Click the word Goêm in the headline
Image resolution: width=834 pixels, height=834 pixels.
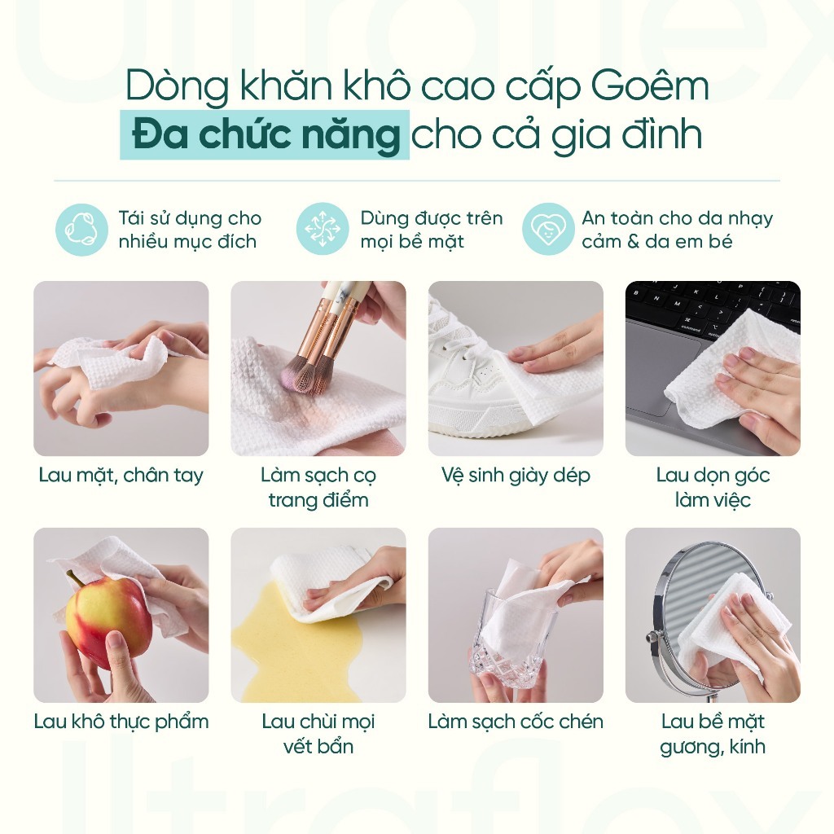pyautogui.click(x=650, y=86)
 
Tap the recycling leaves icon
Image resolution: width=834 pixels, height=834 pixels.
pyautogui.click(x=82, y=230)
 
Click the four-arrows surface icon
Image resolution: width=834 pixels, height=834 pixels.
pyautogui.click(x=323, y=229)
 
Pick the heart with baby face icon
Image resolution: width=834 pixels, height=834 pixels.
pyautogui.click(x=548, y=229)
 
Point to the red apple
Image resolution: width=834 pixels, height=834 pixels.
pyautogui.click(x=108, y=617)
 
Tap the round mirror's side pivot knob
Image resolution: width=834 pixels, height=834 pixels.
pyautogui.click(x=651, y=636)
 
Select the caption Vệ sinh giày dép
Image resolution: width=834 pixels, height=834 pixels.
pyautogui.click(x=516, y=475)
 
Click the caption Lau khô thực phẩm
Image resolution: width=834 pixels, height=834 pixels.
pyautogui.click(x=121, y=722)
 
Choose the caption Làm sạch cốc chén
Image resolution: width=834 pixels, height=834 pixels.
pyautogui.click(x=516, y=722)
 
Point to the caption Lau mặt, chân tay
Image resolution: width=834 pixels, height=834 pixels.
pyautogui.click(x=121, y=475)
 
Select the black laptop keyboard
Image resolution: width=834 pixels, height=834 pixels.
pyautogui.click(x=713, y=307)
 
